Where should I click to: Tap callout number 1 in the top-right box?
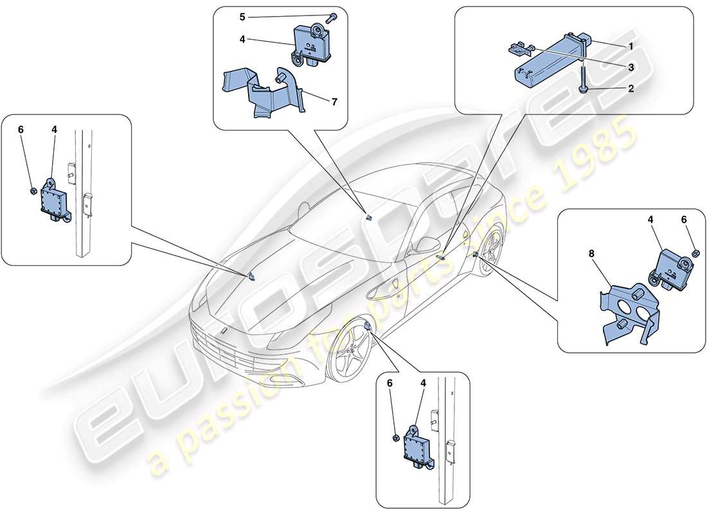[x=631, y=47]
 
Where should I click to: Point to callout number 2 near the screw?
[x=631, y=89]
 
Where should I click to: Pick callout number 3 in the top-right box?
[x=631, y=67]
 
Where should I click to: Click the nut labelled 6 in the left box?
[x=33, y=173]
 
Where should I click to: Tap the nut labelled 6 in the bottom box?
[x=394, y=438]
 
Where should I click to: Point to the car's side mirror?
[x=424, y=245]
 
